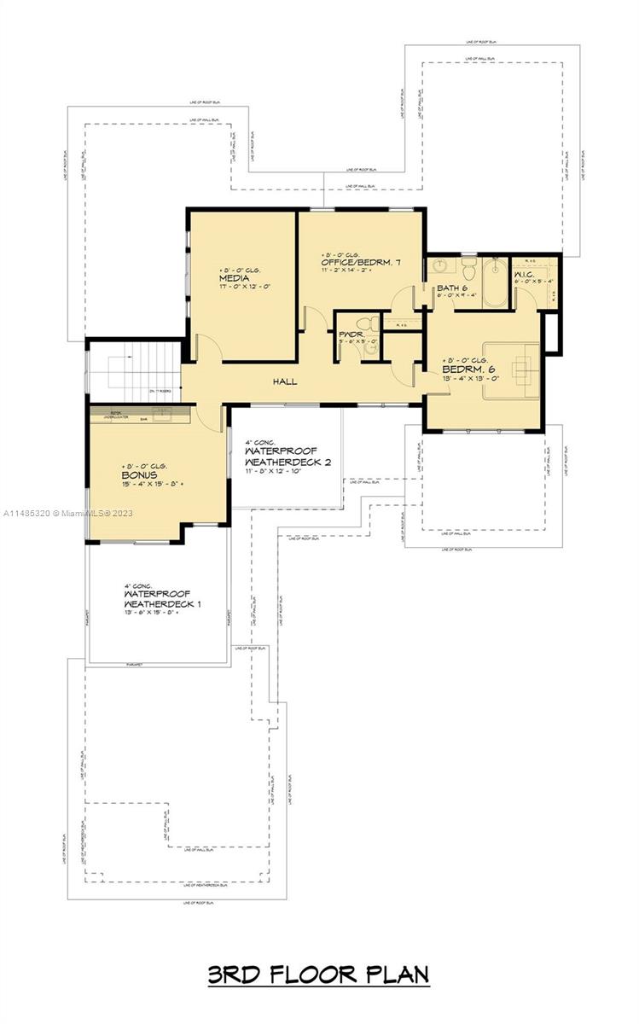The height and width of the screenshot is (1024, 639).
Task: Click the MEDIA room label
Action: point(234,278)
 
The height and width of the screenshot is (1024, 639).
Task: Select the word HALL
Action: point(285,381)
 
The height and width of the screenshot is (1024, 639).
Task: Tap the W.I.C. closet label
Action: point(525,274)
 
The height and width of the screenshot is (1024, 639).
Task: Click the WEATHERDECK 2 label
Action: point(288,462)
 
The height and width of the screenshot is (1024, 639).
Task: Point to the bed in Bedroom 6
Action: point(511,369)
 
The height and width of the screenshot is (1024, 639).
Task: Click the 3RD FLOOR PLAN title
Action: point(318,975)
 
